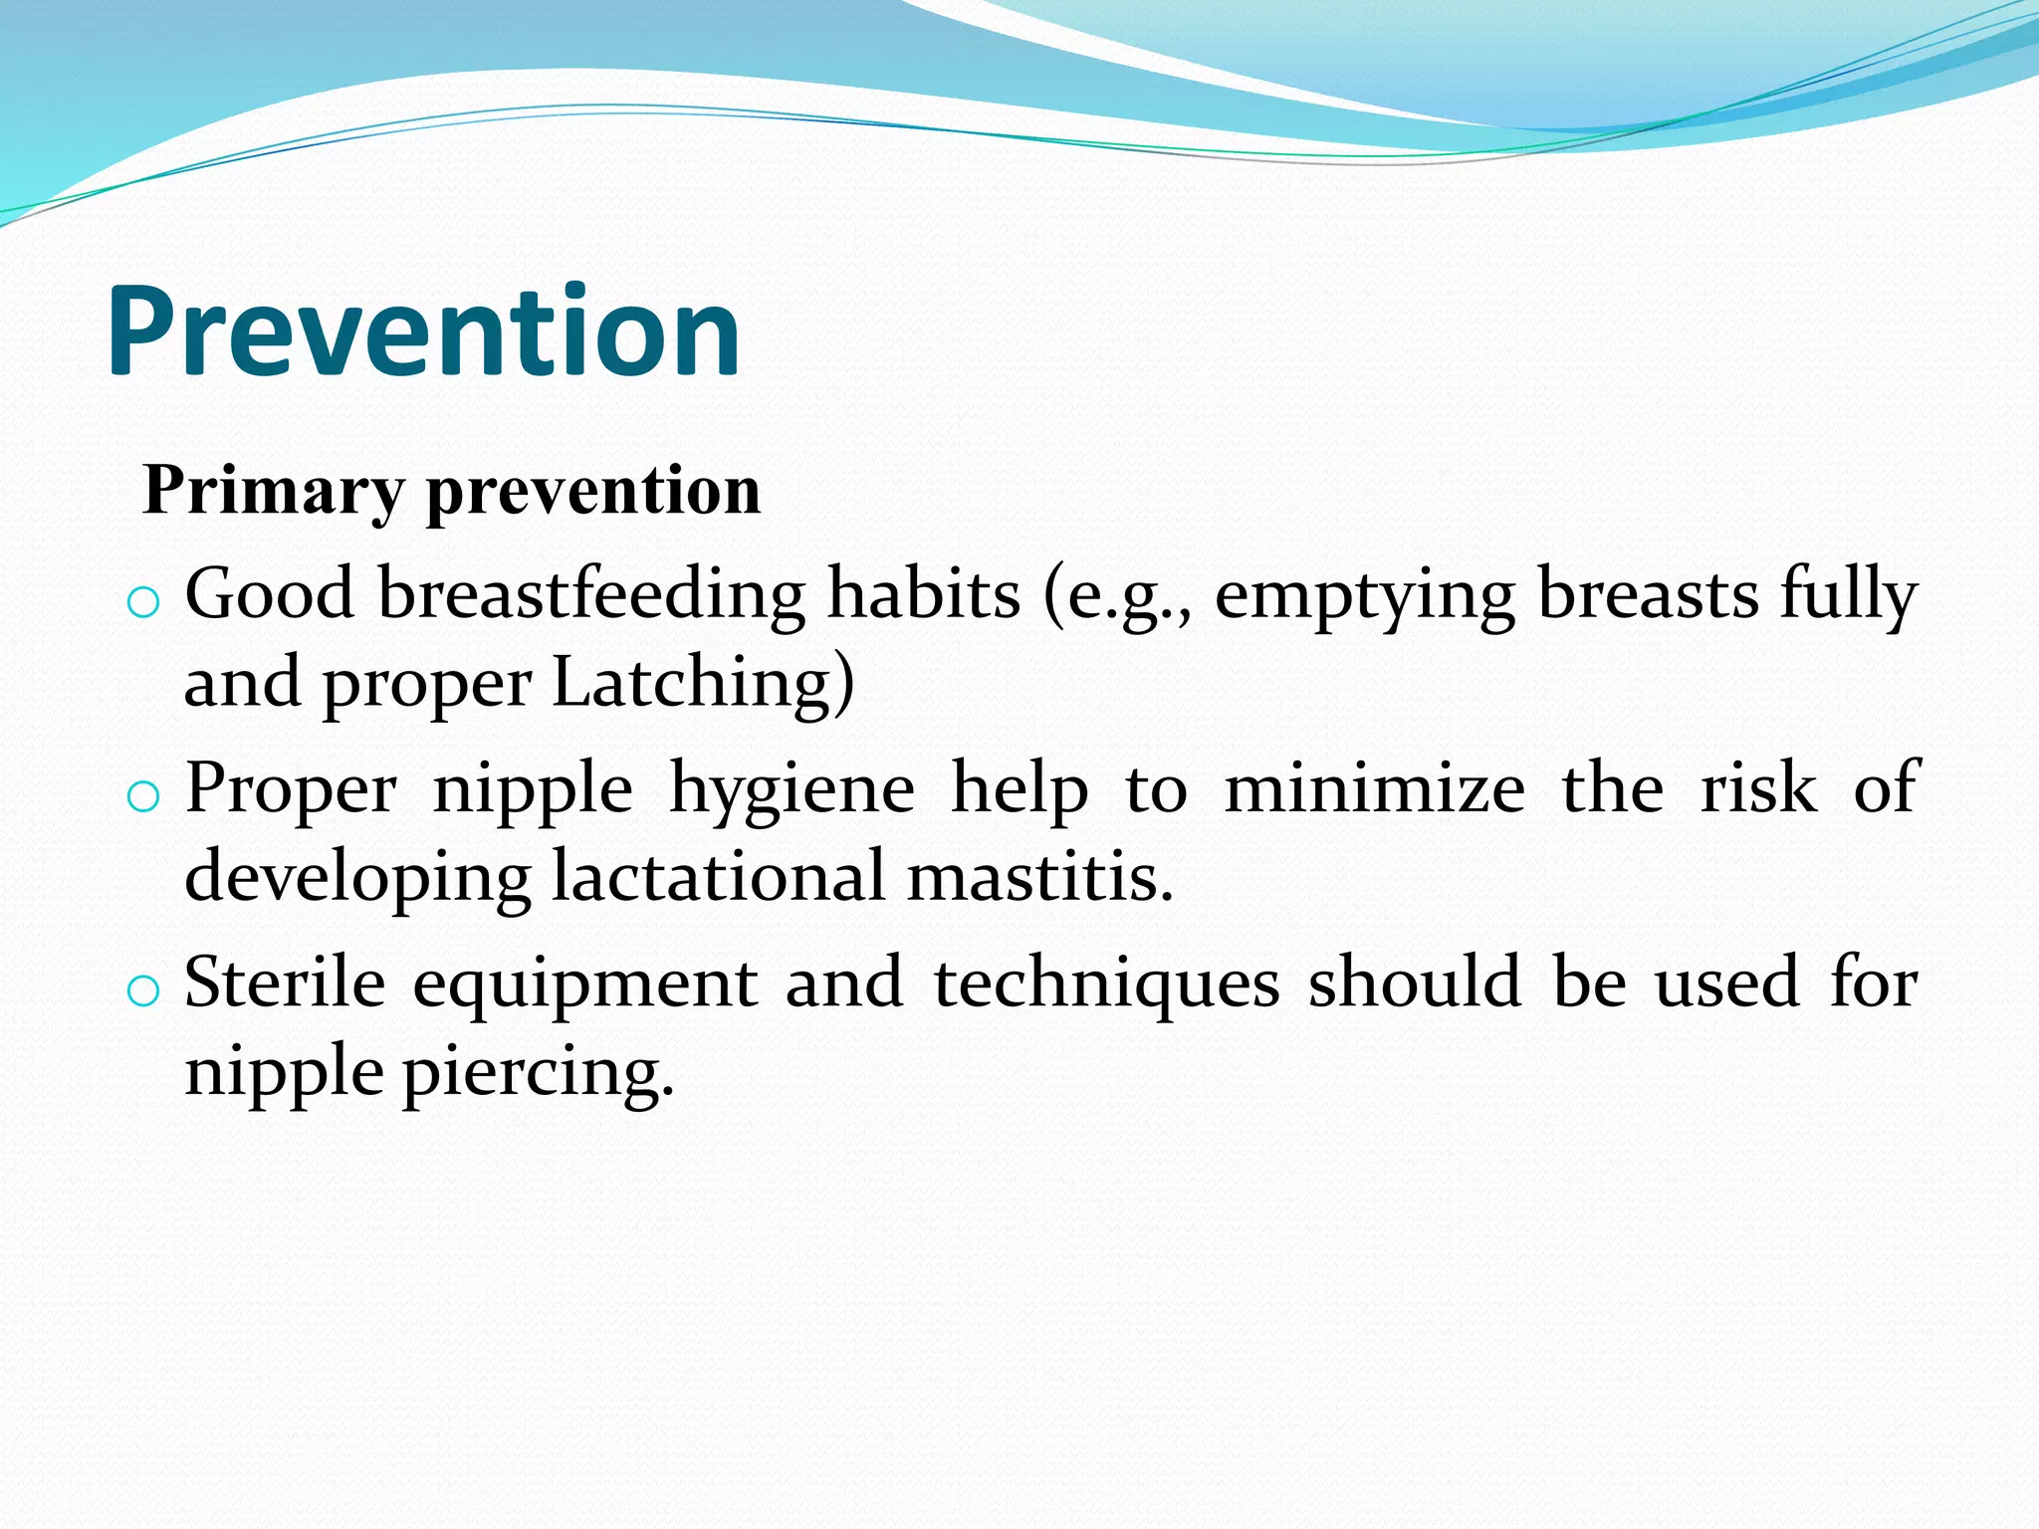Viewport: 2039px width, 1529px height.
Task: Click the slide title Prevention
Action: click(423, 332)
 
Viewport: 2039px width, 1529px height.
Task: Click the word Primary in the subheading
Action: click(274, 491)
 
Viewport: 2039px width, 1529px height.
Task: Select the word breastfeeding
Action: click(591, 594)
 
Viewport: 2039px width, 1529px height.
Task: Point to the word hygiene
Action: click(792, 789)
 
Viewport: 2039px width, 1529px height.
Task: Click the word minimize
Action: click(1374, 789)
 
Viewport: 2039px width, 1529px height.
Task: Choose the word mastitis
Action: click(1040, 877)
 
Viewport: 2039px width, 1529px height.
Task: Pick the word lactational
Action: click(718, 877)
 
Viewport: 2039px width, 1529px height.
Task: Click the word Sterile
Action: click(285, 983)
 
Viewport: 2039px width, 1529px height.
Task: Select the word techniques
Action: click(1107, 983)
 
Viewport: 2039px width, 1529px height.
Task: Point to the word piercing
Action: click(538, 1073)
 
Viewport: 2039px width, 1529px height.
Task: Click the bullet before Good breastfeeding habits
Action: click(144, 601)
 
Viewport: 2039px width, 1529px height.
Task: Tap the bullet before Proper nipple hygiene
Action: click(144, 795)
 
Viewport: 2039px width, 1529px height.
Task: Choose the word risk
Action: click(1757, 789)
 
